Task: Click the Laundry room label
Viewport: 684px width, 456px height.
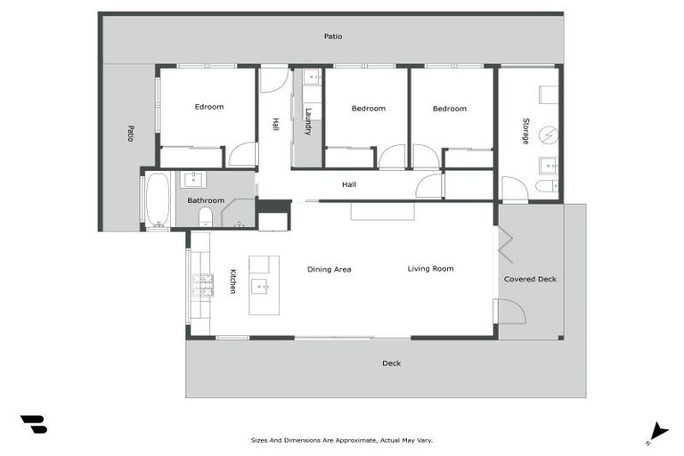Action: coord(308,122)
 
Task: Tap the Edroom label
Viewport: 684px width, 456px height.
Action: coord(209,107)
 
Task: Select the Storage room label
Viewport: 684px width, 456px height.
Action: coord(525,131)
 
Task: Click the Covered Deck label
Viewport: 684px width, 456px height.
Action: coord(530,279)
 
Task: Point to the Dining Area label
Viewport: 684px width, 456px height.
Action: coord(330,269)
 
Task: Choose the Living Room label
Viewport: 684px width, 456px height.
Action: coord(430,268)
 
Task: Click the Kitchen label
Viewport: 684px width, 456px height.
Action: coord(232,281)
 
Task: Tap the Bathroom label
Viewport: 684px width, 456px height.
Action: coord(206,200)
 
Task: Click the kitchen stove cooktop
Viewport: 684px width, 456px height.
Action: coord(201,284)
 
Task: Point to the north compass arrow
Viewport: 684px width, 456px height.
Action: coord(657,431)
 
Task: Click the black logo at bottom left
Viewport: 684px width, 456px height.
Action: coord(34,424)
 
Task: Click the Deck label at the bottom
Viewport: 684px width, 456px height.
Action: coord(391,362)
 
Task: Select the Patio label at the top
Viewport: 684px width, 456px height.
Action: coord(332,37)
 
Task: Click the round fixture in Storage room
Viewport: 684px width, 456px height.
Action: coord(550,134)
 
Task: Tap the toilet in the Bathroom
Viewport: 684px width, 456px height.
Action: coord(205,216)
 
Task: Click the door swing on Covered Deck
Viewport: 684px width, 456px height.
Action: coord(510,313)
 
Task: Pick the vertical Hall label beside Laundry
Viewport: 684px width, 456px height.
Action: coord(276,126)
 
